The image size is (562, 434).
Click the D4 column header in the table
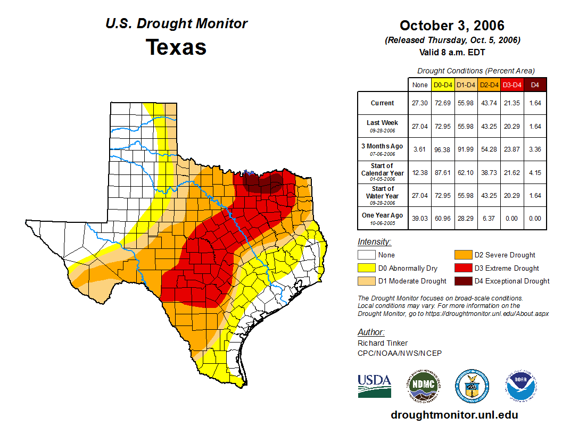pos(535,85)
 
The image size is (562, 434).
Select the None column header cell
pos(420,85)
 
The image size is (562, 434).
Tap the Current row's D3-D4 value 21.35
pos(512,103)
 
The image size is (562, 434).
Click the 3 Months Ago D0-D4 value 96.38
pos(443,149)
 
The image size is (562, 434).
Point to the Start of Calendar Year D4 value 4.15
pos(535,173)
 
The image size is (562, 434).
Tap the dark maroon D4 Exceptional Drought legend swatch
pos(462,281)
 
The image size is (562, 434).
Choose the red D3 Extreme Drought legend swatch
pos(462,268)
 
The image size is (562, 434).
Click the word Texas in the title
pos(176,47)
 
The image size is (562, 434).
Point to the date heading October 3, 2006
pos(452,26)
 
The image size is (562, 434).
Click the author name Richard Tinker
pos(383,343)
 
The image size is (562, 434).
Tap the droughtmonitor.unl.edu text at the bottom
pos(454,415)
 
